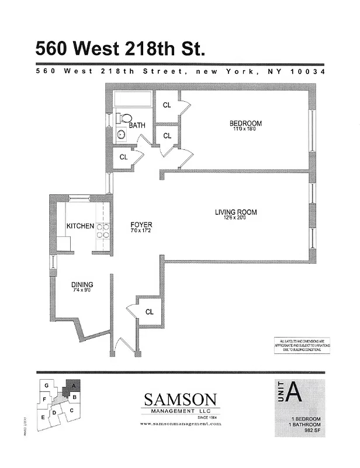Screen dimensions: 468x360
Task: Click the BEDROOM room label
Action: tap(245, 123)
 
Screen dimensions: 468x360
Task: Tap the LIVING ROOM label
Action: tap(236, 212)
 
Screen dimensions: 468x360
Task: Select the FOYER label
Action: tap(141, 224)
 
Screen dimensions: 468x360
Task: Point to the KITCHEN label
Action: tap(80, 226)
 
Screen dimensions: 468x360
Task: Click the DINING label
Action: tap(82, 285)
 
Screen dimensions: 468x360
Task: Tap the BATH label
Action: tap(137, 125)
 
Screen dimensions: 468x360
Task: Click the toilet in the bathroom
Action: tap(126, 118)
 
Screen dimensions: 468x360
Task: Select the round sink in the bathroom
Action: tap(122, 135)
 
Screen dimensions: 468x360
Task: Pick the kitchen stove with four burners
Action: tap(103, 230)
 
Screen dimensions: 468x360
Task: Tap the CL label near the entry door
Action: tap(150, 312)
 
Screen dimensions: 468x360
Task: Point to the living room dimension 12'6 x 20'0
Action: tap(236, 219)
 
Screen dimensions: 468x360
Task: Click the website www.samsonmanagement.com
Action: tap(181, 423)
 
